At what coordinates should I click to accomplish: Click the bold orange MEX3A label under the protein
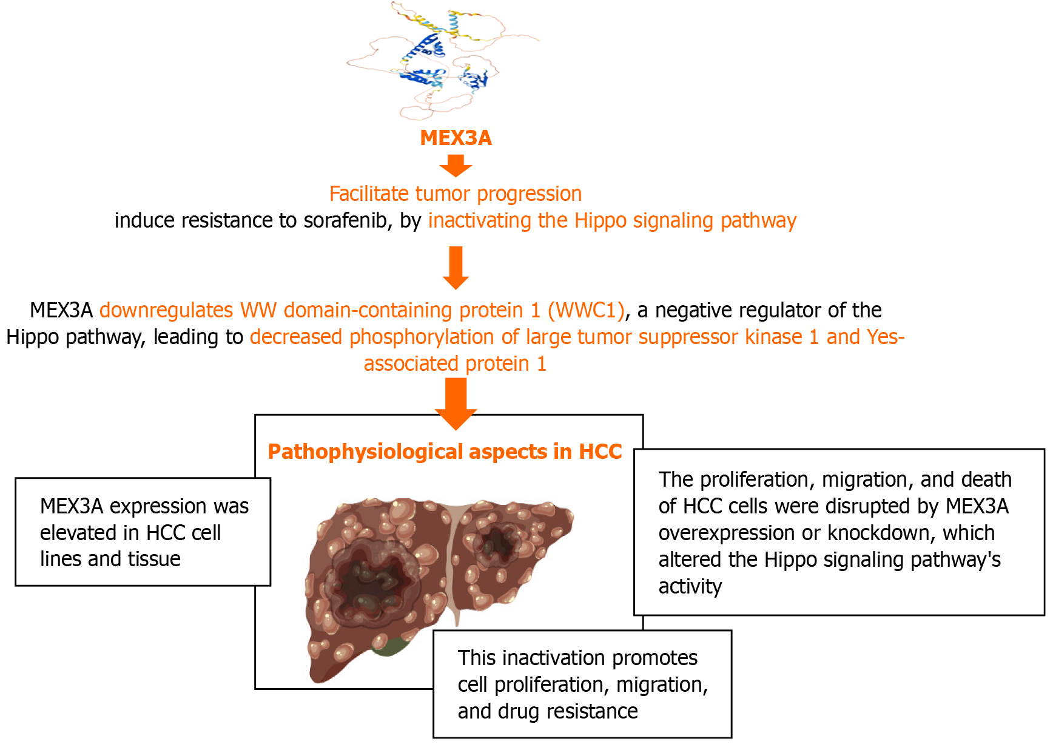click(456, 138)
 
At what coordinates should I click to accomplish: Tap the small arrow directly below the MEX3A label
click(456, 165)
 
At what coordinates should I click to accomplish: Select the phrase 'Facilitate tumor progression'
click(456, 194)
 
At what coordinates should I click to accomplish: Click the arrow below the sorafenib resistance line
click(456, 268)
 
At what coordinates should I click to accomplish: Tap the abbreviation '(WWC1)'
click(586, 311)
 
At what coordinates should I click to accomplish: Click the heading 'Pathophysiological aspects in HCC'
click(445, 452)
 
